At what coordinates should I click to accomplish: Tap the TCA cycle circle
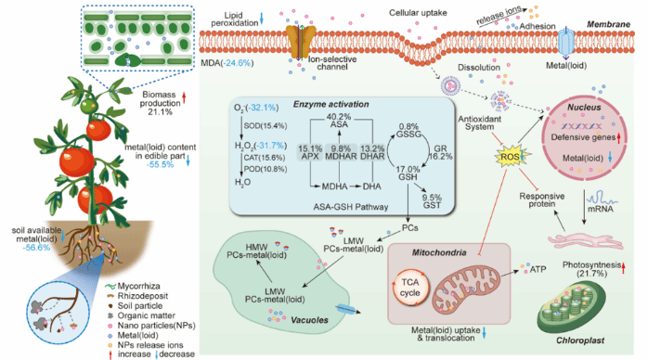410,287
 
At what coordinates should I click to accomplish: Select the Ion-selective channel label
331,63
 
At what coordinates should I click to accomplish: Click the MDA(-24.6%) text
227,63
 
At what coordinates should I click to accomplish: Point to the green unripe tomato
89,105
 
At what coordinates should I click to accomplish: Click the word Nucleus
584,107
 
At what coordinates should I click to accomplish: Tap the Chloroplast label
580,341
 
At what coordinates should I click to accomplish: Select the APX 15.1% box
310,152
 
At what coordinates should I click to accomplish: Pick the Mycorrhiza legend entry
132,286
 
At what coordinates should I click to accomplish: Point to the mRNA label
600,209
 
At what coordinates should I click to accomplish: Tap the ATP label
538,269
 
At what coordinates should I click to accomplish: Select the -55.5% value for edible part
160,164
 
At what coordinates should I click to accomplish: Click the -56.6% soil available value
36,248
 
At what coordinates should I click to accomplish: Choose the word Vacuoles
309,320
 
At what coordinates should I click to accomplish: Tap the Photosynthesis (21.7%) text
591,269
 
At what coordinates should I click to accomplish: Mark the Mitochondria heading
439,252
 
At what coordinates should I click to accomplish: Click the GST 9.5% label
432,201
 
